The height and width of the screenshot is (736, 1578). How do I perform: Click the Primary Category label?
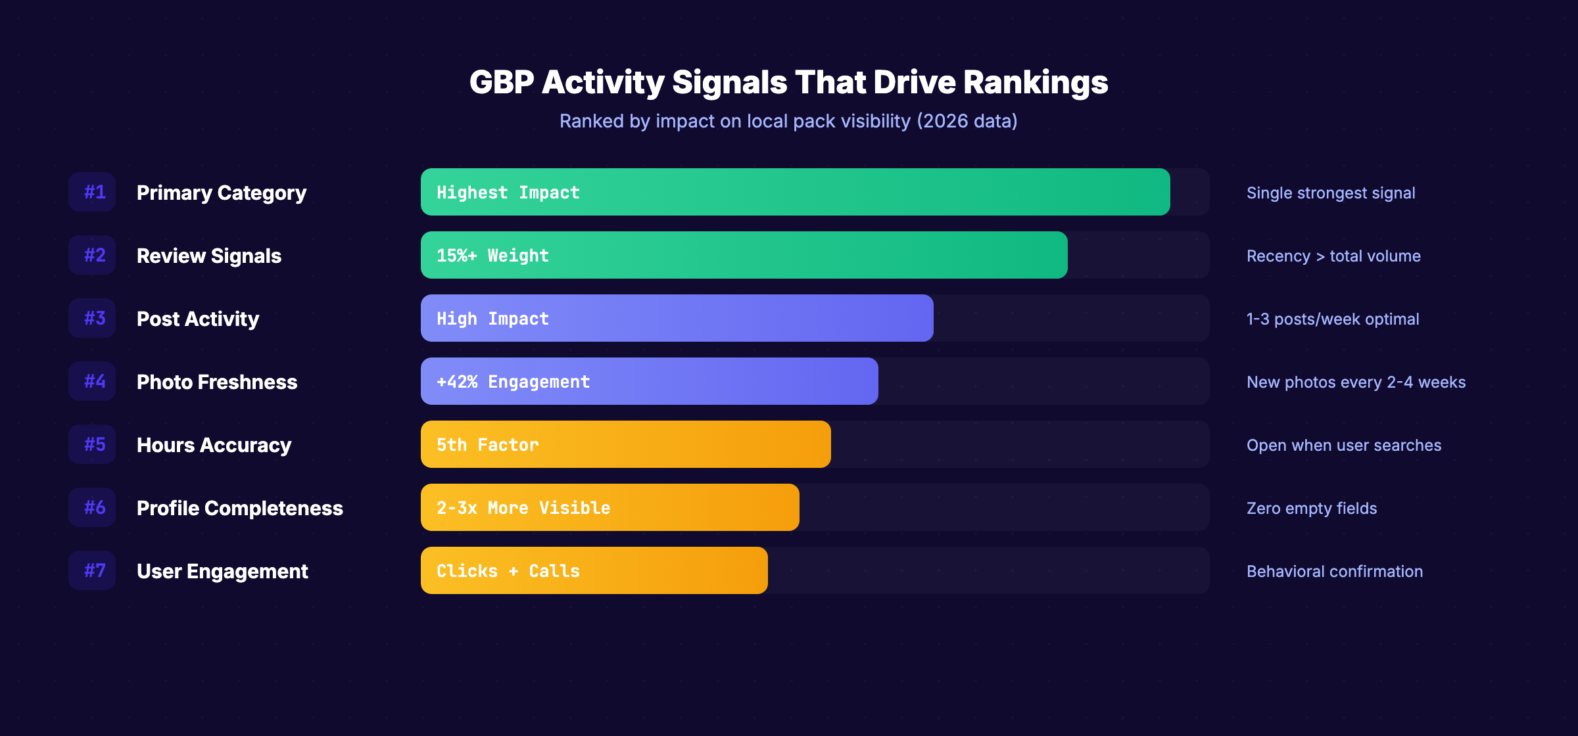pos(221,193)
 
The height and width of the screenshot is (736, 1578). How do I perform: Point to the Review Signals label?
pos(208,256)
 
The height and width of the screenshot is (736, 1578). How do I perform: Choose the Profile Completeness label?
pos(239,508)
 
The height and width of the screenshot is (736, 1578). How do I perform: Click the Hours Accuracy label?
pos(214,445)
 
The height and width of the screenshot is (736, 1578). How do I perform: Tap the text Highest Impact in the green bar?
pos(508,193)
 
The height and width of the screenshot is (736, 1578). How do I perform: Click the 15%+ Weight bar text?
pos(492,256)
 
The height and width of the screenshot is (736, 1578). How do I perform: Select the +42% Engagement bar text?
pos(513,382)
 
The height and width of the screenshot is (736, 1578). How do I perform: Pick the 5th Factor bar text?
pos(487,445)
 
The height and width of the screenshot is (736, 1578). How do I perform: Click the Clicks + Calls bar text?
pos(508,571)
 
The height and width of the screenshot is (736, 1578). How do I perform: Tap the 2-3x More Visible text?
pos(523,508)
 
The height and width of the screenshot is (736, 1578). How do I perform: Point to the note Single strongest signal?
pos(1330,193)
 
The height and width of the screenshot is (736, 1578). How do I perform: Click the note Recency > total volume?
pos(1333,256)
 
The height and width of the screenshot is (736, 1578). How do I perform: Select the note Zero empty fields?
pos(1311,508)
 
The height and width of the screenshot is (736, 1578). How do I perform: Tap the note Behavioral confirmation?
pos(1334,571)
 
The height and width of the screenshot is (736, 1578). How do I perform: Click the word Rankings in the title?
pos(1036,83)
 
